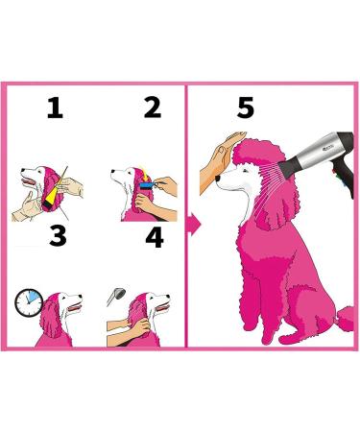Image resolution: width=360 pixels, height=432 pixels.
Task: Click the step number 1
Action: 55,108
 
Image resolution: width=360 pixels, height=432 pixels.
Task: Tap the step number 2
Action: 153,108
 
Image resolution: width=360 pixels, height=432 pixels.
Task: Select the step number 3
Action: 58,235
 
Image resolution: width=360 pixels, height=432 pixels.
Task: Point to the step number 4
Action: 155,237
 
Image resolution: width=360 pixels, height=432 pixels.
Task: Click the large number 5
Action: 246,108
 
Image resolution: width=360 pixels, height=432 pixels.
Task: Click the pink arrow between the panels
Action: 194,225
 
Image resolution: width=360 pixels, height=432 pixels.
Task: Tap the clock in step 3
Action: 29,302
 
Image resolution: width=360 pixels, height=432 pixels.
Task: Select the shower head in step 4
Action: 116,296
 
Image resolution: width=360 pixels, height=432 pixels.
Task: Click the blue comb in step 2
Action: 148,185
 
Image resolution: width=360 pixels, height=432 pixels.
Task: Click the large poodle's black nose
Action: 218,179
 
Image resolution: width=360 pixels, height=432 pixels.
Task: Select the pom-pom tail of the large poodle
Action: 345,320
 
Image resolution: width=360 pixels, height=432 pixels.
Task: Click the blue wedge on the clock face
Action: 32,297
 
